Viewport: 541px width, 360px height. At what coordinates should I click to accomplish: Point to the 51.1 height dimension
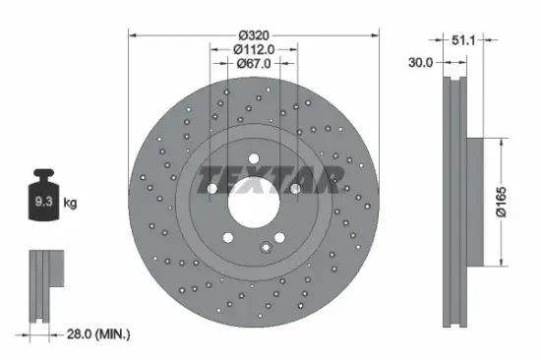pyautogui.click(x=461, y=42)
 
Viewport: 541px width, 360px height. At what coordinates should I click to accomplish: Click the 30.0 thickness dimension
pyautogui.click(x=421, y=61)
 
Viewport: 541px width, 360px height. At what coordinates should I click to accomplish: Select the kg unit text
pyautogui.click(x=71, y=204)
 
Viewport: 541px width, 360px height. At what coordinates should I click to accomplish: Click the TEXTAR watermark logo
pyautogui.click(x=271, y=181)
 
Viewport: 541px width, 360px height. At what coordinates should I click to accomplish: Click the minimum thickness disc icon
pyautogui.click(x=43, y=285)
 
